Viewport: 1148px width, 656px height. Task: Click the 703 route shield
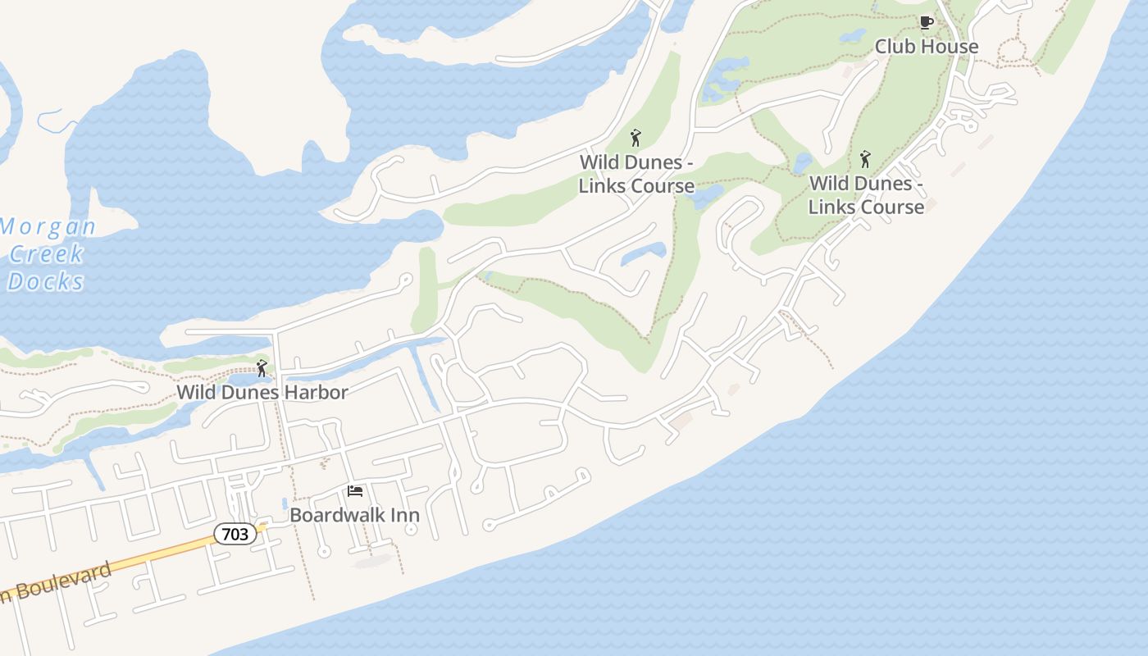(235, 534)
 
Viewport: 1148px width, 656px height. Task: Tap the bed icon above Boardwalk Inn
(355, 491)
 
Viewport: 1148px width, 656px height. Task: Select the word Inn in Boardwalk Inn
(404, 515)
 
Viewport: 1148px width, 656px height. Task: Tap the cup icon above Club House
(927, 23)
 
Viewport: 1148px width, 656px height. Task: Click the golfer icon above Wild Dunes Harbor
(262, 368)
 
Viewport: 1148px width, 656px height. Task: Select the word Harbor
(317, 392)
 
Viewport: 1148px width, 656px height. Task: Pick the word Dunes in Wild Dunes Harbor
(250, 392)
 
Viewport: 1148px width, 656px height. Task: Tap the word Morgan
(48, 226)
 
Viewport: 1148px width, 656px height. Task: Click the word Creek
(47, 253)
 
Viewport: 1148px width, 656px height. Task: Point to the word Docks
(46, 281)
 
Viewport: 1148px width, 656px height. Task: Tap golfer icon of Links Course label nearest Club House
(865, 159)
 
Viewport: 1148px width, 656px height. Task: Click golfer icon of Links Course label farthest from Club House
(635, 138)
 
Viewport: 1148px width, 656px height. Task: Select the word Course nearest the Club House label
(891, 207)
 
